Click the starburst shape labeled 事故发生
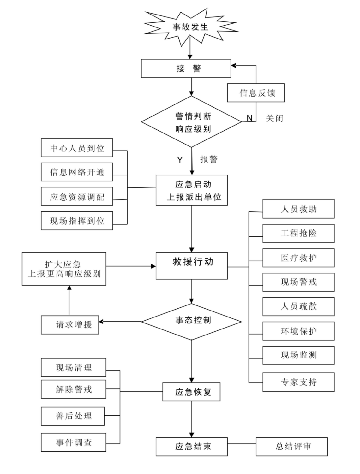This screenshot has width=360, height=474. click(x=190, y=27)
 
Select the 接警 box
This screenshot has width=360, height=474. click(x=186, y=68)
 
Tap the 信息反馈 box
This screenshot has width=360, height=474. click(x=256, y=93)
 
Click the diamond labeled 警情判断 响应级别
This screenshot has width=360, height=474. click(x=192, y=122)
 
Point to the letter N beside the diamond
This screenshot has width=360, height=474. click(x=249, y=118)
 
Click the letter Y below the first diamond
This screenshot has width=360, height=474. click(x=180, y=160)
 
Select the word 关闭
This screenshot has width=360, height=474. click(x=274, y=118)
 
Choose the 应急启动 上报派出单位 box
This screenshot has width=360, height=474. click(x=192, y=190)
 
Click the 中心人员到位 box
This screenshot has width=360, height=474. click(x=77, y=148)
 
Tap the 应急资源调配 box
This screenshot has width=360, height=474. click(x=77, y=197)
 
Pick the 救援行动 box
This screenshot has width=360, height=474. click(x=192, y=266)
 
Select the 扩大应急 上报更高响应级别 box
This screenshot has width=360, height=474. click(x=64, y=269)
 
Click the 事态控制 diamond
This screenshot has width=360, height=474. click(x=192, y=321)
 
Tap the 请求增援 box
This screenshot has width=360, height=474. click(x=70, y=324)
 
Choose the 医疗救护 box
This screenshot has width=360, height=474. click(x=298, y=258)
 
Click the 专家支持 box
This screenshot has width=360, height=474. click(x=298, y=382)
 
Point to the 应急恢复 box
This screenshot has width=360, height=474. click(x=191, y=392)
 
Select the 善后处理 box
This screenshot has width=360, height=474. click(x=73, y=416)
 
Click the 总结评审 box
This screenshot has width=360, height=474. click(x=292, y=447)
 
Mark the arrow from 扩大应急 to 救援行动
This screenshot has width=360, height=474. click(x=131, y=266)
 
